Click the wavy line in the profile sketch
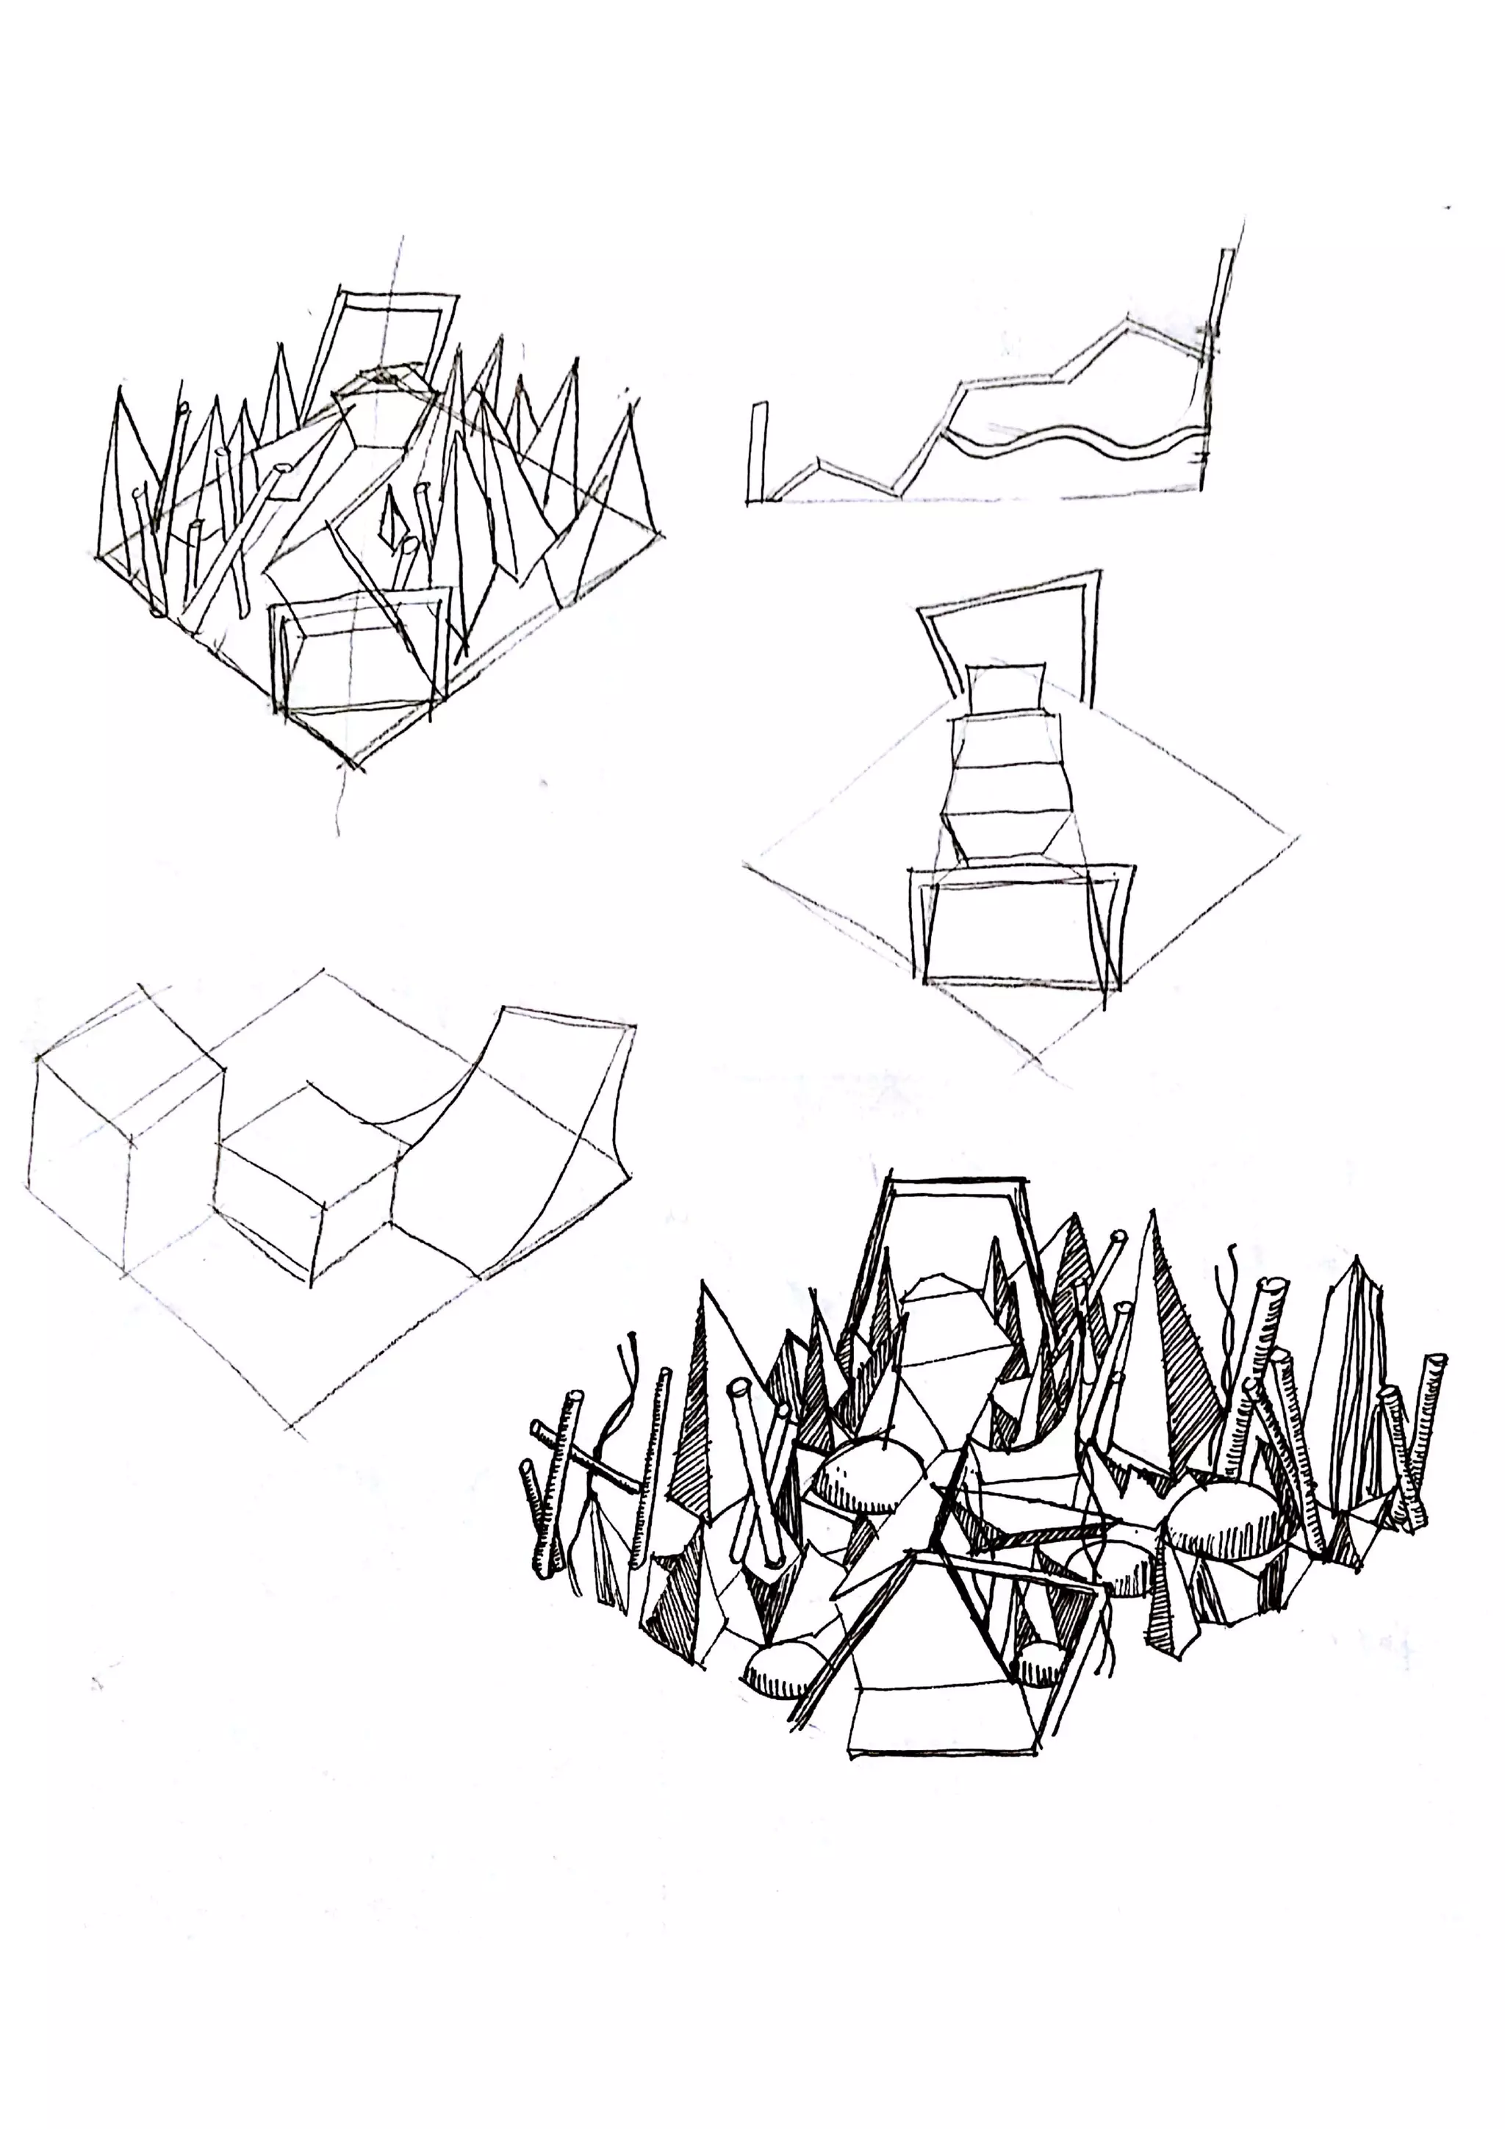(1076, 443)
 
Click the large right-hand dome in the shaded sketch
(1224, 1521)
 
